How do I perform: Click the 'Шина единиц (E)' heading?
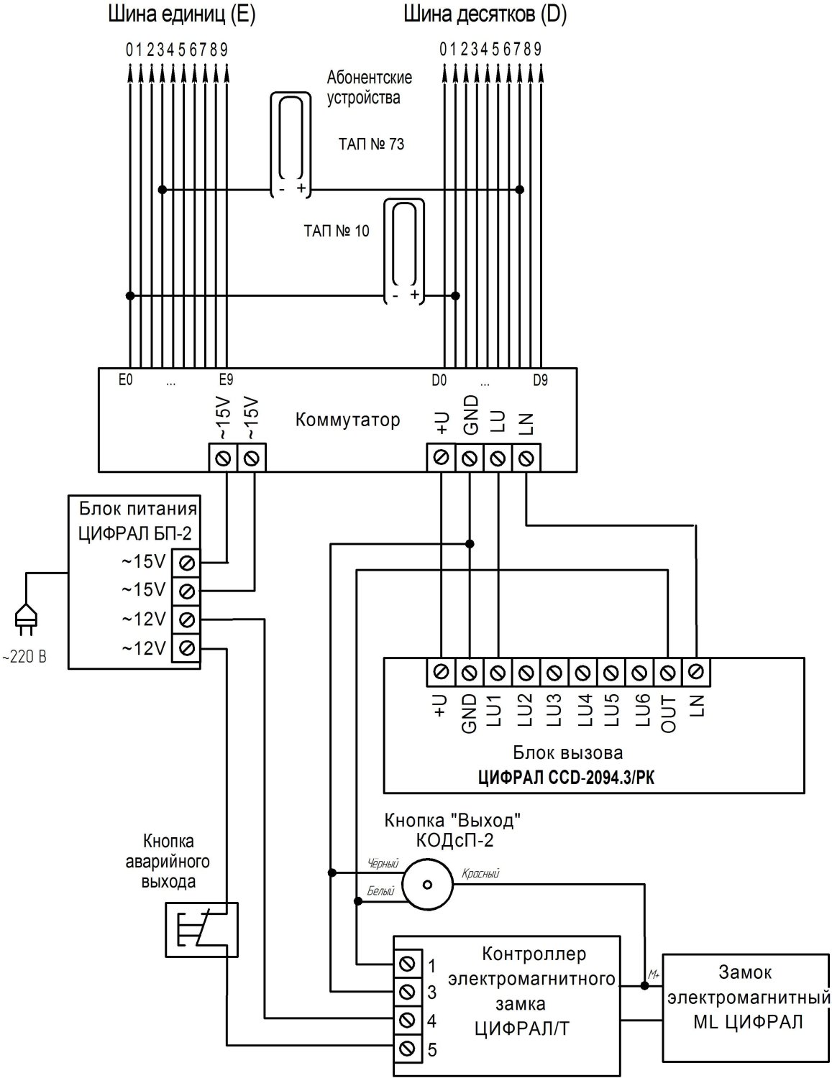click(180, 15)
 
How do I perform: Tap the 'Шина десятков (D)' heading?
click(485, 15)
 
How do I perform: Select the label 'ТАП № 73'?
click(371, 144)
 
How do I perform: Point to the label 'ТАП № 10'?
click(337, 231)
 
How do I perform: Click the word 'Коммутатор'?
click(347, 420)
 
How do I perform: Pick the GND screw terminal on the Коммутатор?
click(469, 458)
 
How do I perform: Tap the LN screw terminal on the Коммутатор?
click(526, 458)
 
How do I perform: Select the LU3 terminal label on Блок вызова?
click(554, 712)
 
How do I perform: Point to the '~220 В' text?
click(25, 657)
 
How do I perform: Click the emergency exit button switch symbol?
click(201, 929)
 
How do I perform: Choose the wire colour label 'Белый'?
click(380, 891)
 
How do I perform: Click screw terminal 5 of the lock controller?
click(406, 1047)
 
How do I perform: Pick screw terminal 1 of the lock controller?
click(406, 964)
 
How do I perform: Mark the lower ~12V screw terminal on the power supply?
click(186, 648)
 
